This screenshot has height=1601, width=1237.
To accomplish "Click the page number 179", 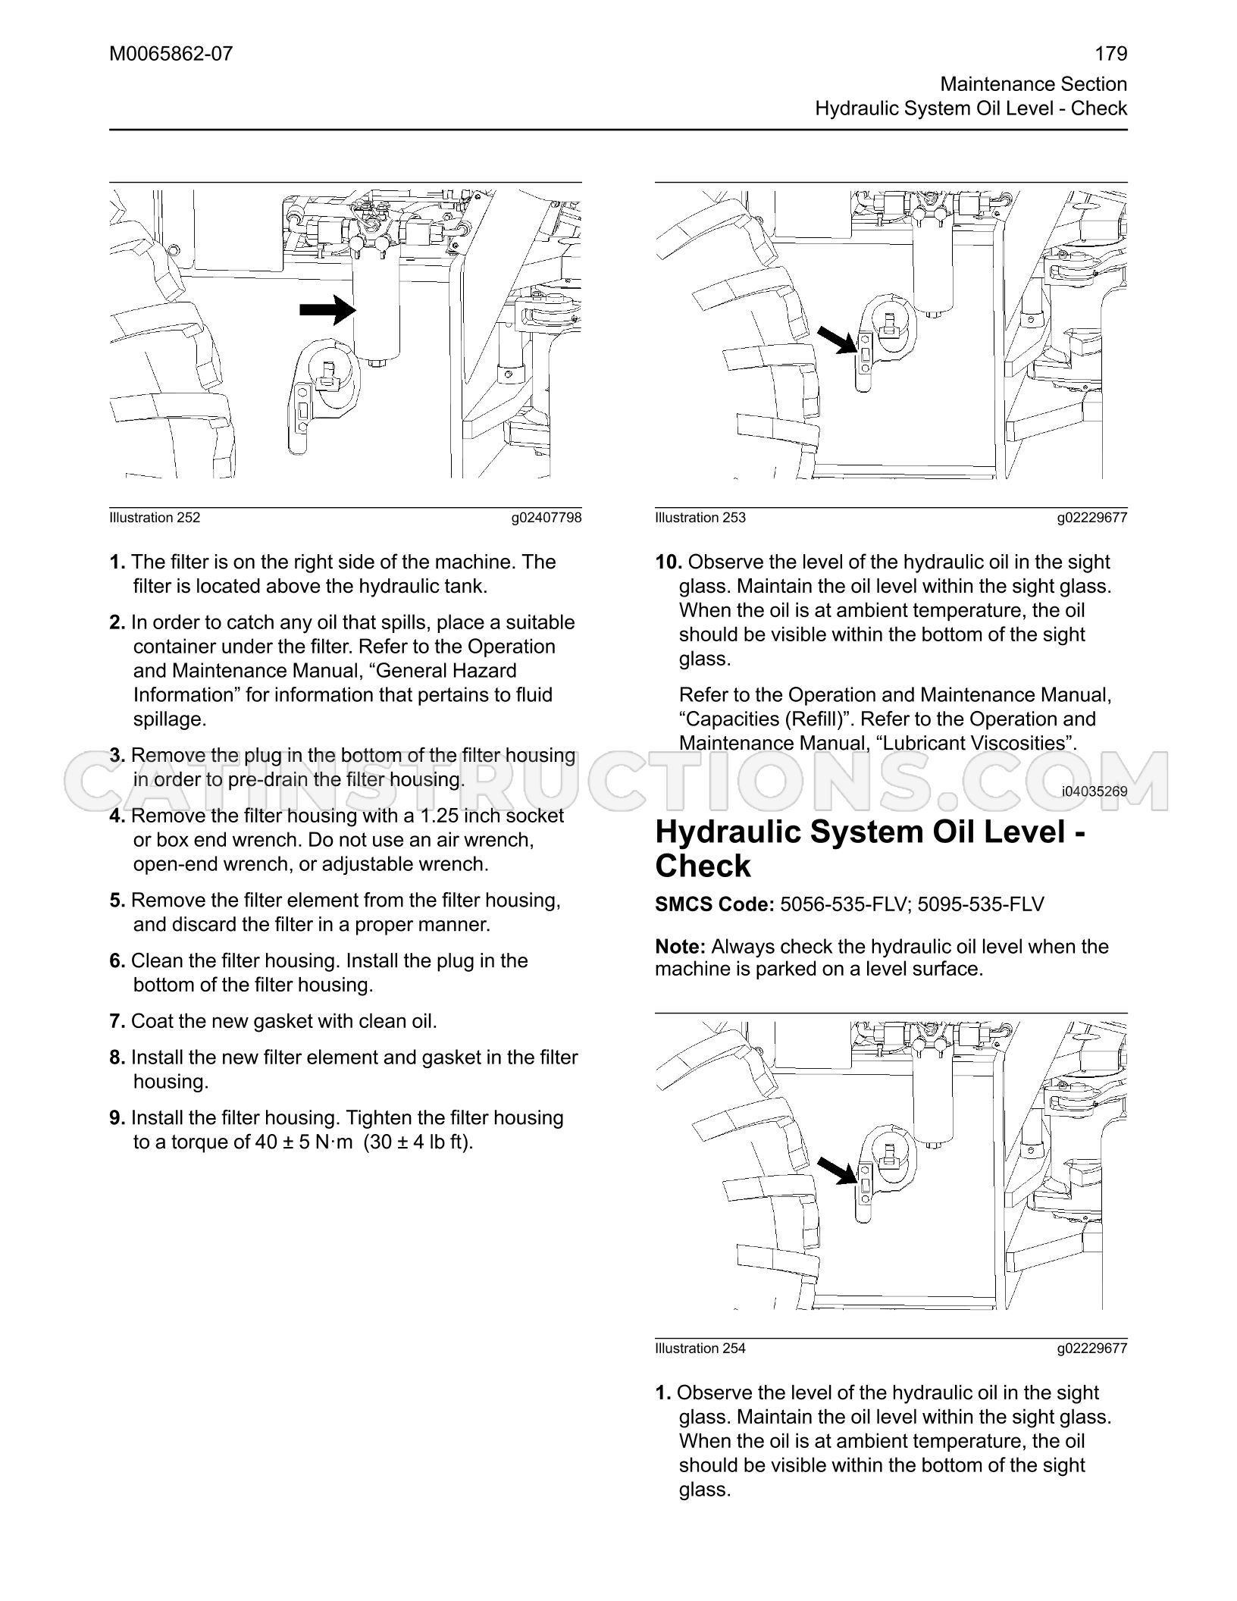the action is pos(1111,54).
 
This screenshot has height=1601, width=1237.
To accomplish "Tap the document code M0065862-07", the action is pos(171,54).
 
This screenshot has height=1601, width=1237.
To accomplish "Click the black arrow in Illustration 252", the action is pos(328,309).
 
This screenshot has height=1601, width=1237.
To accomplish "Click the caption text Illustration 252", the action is pos(155,518).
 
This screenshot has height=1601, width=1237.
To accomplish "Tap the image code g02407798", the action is pos(546,518).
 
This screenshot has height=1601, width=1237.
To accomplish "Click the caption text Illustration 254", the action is pos(700,1349).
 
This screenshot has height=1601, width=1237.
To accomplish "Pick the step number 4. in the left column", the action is pos(117,816).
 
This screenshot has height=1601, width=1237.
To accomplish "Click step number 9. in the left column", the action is pos(117,1117).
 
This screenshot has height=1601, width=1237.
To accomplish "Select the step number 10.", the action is pos(669,562).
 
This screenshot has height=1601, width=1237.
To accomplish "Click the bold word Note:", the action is pos(681,946).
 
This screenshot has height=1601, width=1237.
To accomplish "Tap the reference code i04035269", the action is pos(1095,791).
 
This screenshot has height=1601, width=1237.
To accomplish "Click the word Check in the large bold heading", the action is pos(703,866).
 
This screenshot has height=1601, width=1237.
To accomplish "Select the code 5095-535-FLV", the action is pos(981,904).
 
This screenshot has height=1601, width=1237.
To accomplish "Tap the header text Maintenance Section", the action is pos(1034,83).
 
